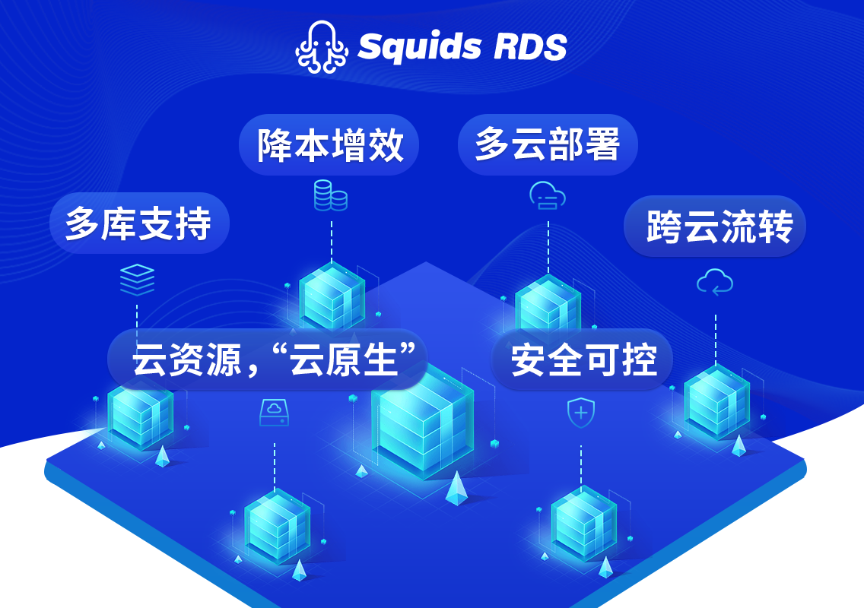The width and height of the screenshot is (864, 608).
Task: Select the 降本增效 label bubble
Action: tap(329, 144)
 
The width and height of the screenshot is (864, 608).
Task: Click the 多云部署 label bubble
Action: tap(548, 144)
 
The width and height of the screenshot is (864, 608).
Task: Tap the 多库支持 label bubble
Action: tap(138, 223)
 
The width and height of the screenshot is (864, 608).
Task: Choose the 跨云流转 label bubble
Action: tap(715, 226)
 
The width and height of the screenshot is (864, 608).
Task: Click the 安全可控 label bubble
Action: tap(583, 359)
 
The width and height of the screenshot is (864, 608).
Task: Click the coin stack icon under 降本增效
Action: tap(331, 195)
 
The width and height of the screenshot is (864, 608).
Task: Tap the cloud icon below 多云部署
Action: tap(548, 195)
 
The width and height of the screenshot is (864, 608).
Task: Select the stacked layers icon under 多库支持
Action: tap(137, 280)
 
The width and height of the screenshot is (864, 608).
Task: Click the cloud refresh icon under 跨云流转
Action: tap(715, 283)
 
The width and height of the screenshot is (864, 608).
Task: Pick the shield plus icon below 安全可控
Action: tap(581, 413)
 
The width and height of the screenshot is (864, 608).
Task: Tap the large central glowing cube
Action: tap(423, 426)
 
